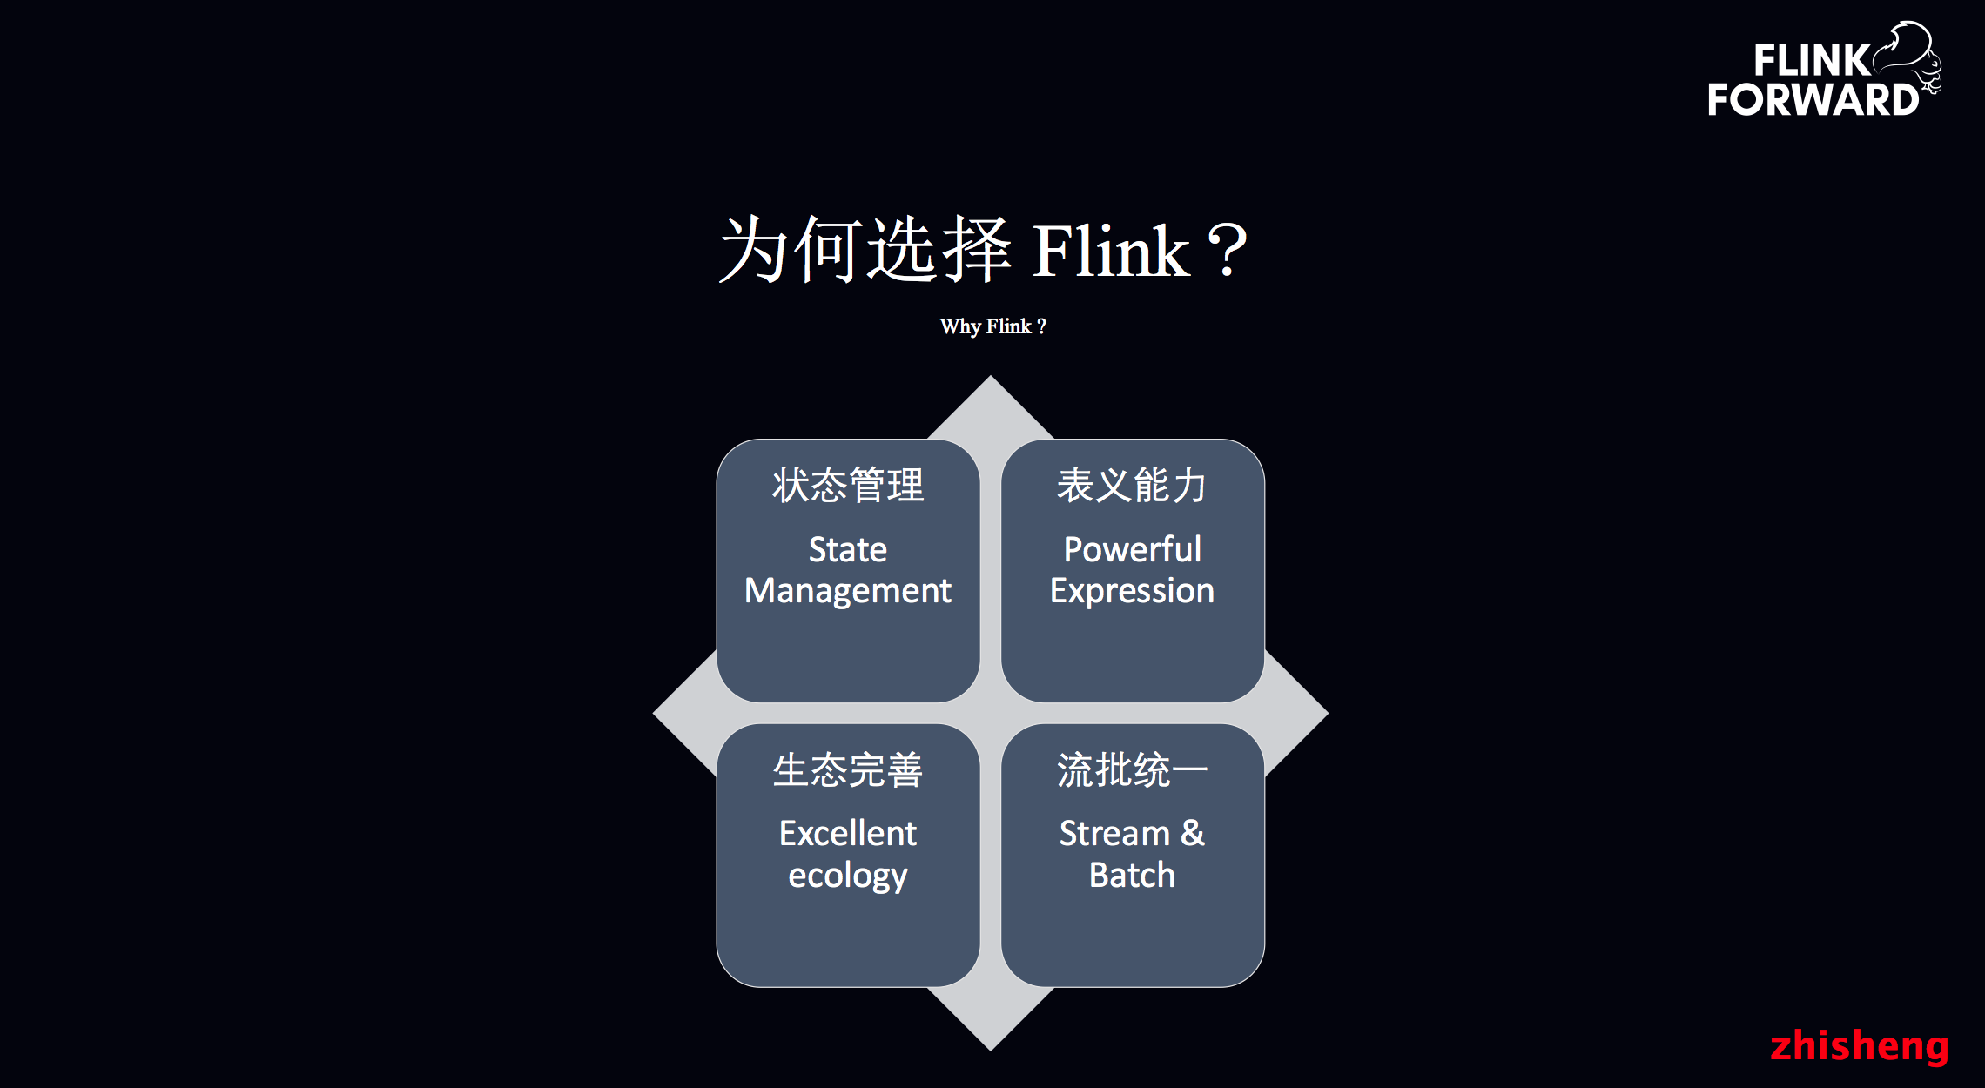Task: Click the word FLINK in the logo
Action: [x=1810, y=61]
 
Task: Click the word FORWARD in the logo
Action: [x=1813, y=100]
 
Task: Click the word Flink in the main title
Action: [x=1110, y=252]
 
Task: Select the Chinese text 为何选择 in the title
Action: [x=865, y=251]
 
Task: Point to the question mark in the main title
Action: [x=1228, y=252]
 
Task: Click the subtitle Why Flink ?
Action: [x=992, y=326]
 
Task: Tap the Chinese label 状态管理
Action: [x=848, y=486]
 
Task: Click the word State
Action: [x=848, y=549]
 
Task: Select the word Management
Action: [x=848, y=591]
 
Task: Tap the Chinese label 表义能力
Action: [x=1132, y=486]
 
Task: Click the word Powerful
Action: [x=1132, y=549]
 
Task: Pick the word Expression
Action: [x=1132, y=591]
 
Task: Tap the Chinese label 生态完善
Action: [x=848, y=770]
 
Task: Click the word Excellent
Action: [x=848, y=834]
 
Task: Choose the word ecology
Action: [x=848, y=876]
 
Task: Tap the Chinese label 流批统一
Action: [x=1132, y=770]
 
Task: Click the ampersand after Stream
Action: [x=1193, y=833]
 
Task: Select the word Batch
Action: [x=1132, y=876]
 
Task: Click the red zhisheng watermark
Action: [x=1859, y=1045]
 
